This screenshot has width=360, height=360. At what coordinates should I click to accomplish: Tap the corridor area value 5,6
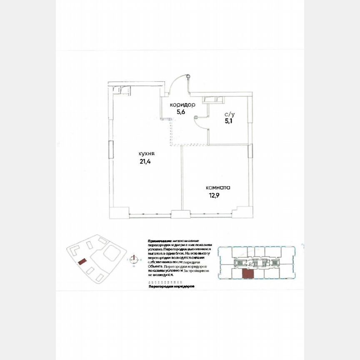[180, 112]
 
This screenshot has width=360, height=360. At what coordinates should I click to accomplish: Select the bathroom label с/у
[229, 114]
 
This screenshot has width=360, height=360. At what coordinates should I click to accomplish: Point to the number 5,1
[229, 121]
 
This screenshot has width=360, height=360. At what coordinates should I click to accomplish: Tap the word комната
[217, 187]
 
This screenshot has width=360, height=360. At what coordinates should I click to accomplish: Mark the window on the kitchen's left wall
[110, 149]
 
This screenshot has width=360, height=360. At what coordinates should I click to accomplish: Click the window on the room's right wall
[250, 150]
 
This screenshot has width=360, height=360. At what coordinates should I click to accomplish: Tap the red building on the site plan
[82, 261]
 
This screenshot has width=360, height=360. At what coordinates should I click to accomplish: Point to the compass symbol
[133, 259]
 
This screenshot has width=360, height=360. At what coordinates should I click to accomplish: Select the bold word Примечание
[160, 241]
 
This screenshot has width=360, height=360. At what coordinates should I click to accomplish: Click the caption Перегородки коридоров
[171, 287]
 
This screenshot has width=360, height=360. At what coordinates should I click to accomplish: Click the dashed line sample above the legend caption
[165, 282]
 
